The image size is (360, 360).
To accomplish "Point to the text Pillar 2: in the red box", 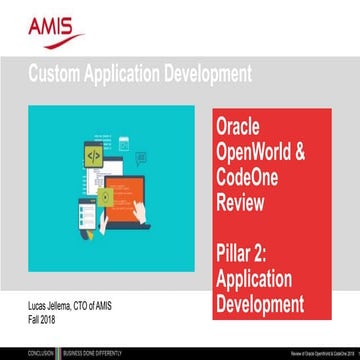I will click(x=246, y=236).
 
